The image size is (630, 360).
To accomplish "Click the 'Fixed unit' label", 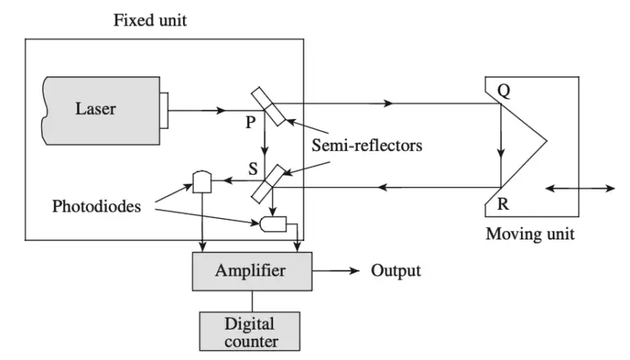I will coord(149,20).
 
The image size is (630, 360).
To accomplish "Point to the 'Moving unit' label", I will coord(531,234).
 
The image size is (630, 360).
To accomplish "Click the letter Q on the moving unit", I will coord(504,92).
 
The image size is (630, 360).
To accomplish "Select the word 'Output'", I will coord(396,270).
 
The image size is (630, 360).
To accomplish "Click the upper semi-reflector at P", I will coord(268,107).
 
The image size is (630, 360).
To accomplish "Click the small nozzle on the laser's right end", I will coord(165,108).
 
